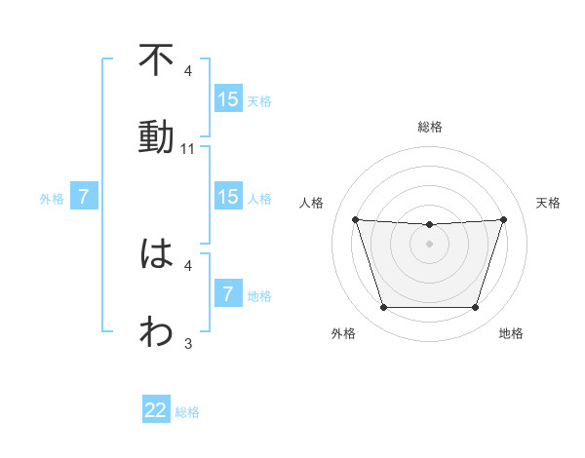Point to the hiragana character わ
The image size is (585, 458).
pos(156,331)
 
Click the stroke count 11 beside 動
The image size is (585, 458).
pos(188,149)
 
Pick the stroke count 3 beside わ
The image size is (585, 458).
pos(188,343)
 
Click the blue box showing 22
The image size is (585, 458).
pos(156,410)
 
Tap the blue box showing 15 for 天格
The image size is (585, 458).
pos(228,98)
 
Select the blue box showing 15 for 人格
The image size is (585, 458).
pos(228,197)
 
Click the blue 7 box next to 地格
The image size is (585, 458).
pos(228,294)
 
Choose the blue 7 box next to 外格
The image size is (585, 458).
pos(84,197)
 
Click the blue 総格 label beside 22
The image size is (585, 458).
pos(187,412)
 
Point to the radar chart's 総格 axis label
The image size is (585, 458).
pos(429,127)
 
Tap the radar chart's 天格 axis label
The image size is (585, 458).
pos(548,203)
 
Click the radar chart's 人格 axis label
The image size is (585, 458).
pos(312,203)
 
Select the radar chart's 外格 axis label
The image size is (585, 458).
pos(343,334)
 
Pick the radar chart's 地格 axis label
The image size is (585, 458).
pos(511,334)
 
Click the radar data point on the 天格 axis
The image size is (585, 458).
pos(503,219)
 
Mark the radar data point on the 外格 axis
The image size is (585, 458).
pos(383,308)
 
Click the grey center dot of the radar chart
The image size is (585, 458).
pos(429,244)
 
